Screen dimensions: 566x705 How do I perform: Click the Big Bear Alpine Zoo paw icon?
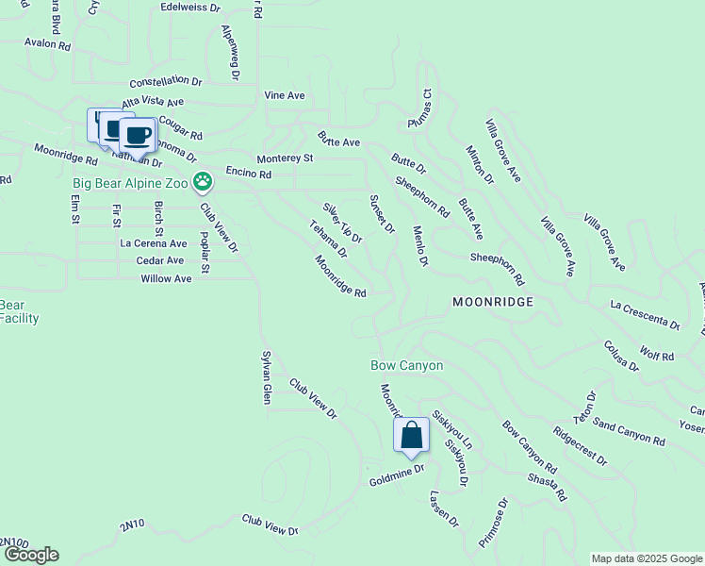click(202, 179)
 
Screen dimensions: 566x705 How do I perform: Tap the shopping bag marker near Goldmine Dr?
click(411, 435)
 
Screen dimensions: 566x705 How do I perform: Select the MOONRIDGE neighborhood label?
click(493, 302)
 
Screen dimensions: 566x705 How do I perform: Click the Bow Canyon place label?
click(406, 365)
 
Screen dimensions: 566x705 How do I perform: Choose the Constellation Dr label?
click(166, 82)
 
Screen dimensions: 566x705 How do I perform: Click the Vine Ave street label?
click(285, 95)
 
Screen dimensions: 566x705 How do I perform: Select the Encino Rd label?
click(249, 174)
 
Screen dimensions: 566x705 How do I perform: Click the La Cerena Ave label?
click(153, 243)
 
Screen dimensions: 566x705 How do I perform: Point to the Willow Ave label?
click(166, 278)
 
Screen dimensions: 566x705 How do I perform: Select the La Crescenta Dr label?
click(645, 315)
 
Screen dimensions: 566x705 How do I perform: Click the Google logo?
click(30, 555)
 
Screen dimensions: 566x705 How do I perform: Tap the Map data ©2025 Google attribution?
click(646, 558)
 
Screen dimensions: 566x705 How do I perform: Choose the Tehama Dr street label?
click(329, 240)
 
